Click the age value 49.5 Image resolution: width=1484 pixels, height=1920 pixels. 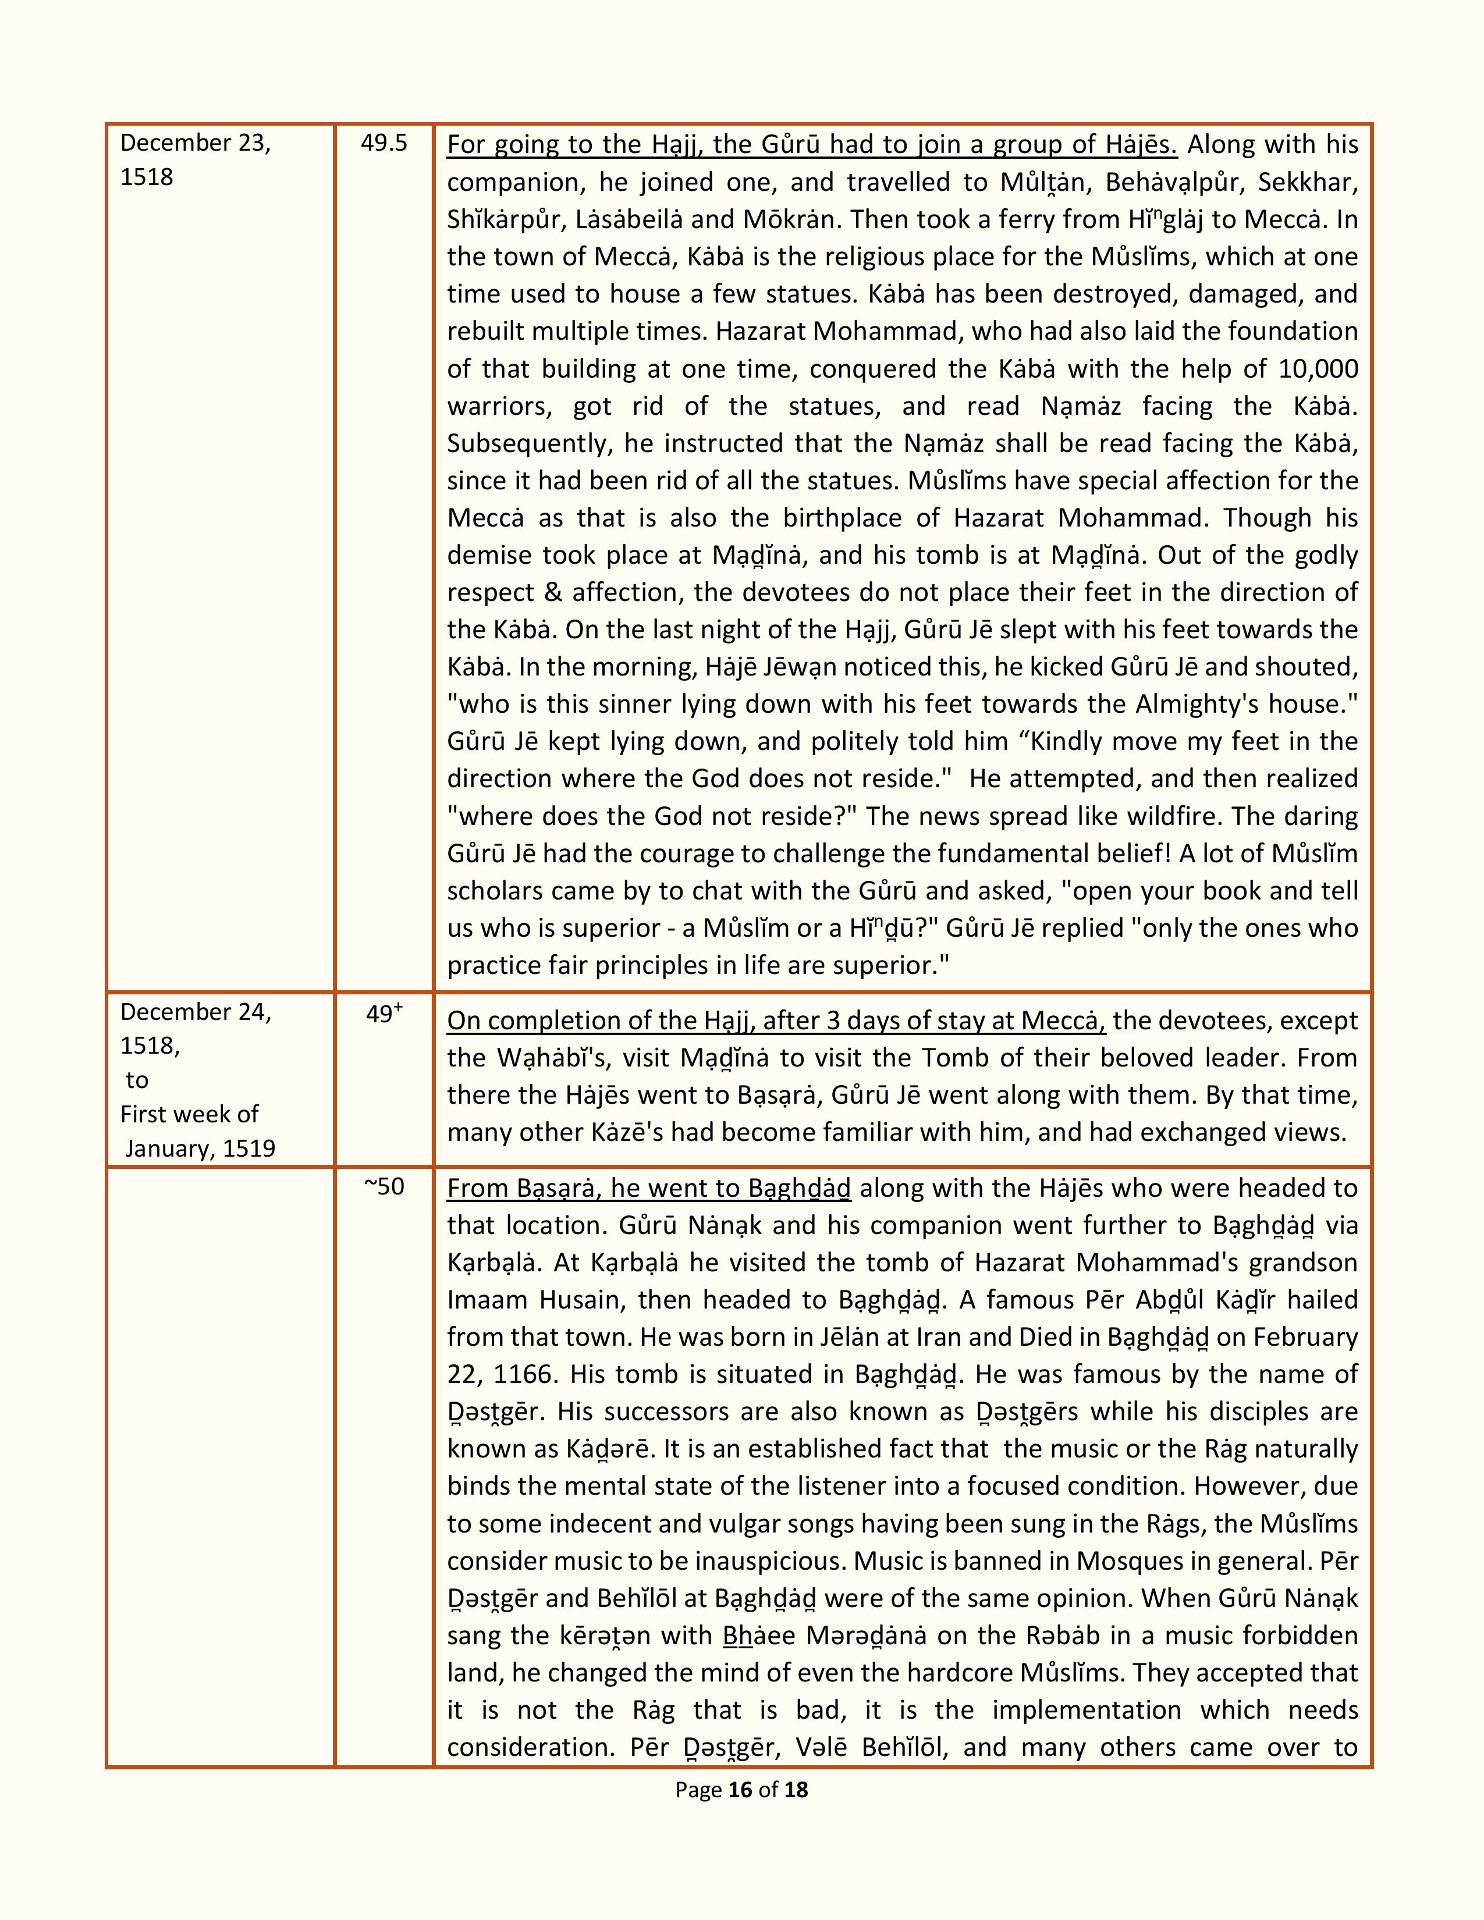tap(384, 143)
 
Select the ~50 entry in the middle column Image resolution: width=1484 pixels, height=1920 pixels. tap(384, 1187)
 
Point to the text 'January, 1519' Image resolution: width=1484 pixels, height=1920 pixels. tap(200, 1148)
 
